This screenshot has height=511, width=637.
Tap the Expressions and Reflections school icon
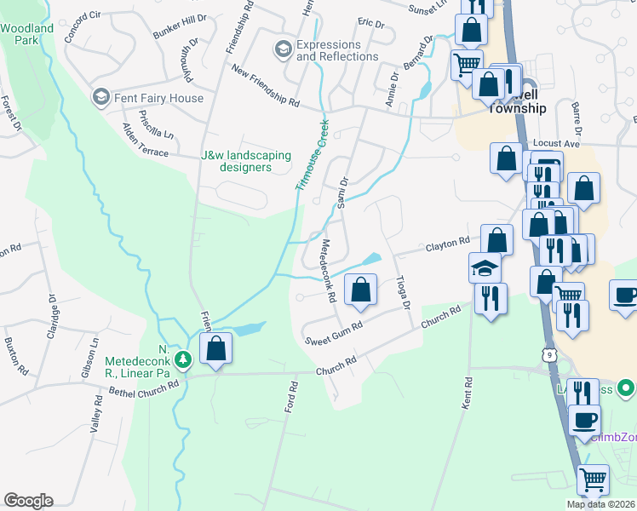coord(282,50)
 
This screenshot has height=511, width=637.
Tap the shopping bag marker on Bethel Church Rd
coord(216,347)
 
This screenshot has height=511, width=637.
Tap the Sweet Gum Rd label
coord(335,330)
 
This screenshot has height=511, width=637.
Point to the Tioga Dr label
coord(405,293)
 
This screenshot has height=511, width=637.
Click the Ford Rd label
coord(291,398)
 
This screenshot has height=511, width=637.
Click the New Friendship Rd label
coord(266,88)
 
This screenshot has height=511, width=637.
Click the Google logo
coord(28,501)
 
